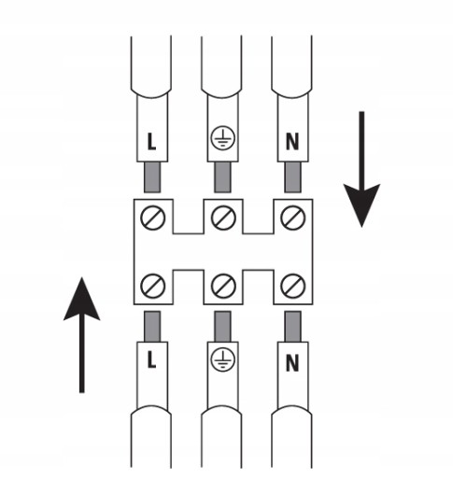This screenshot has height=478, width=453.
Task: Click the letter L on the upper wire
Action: click(x=151, y=142)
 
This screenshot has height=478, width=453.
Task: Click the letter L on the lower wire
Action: click(x=151, y=360)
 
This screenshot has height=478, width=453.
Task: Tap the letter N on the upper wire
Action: click(x=292, y=142)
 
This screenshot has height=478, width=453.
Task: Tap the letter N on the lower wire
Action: click(x=292, y=363)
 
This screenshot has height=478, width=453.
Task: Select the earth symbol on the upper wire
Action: click(x=223, y=138)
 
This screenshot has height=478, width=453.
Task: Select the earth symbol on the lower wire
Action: click(x=223, y=359)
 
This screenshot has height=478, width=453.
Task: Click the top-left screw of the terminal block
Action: click(x=152, y=218)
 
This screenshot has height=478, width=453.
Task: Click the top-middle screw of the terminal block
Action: click(x=223, y=218)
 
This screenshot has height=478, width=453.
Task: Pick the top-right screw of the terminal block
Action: click(x=293, y=218)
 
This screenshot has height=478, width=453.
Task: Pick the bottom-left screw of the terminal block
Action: click(x=152, y=286)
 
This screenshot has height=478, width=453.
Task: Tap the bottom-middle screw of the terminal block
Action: click(x=223, y=286)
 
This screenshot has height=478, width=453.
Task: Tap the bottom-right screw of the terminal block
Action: click(x=293, y=286)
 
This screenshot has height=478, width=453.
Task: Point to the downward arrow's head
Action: click(x=361, y=203)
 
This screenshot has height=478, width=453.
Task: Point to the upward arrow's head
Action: click(x=81, y=302)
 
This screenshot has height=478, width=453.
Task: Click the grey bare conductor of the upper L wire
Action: click(x=152, y=177)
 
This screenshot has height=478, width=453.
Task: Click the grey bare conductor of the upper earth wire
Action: click(x=222, y=177)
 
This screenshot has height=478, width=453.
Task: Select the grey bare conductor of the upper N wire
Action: click(x=292, y=177)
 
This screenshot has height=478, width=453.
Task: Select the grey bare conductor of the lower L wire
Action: click(x=152, y=327)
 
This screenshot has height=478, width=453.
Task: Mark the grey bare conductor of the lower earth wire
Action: click(x=222, y=327)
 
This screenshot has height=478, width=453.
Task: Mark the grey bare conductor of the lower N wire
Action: click(x=292, y=327)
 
